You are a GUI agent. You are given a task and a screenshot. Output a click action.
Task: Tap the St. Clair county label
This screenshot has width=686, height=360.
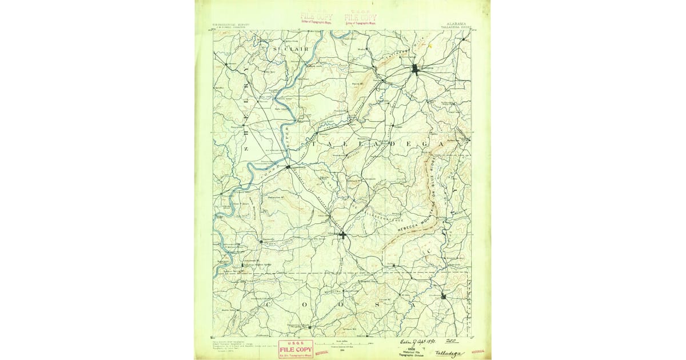(290, 49)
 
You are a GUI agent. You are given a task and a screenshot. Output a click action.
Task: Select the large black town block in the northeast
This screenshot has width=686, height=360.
(416, 70)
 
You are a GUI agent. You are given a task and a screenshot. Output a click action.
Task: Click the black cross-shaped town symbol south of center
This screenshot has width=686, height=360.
(342, 234)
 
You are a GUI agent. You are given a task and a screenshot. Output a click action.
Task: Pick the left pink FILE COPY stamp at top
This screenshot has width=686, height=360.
(317, 18)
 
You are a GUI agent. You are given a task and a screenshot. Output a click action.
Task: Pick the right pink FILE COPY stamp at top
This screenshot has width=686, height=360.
(360, 18)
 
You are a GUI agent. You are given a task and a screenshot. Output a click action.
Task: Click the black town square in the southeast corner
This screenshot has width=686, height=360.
(443, 295)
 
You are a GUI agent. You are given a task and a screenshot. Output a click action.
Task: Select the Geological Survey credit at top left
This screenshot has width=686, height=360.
(234, 25)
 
